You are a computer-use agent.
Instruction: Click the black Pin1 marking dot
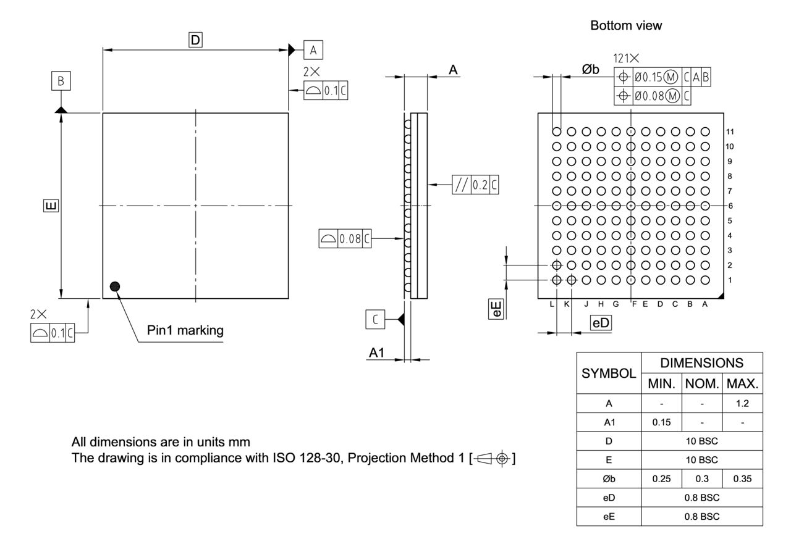[x=114, y=286]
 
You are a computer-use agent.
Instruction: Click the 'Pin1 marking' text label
[x=185, y=330]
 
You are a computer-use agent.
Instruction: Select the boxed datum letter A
[x=313, y=50]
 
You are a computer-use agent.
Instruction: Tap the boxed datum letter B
[x=61, y=81]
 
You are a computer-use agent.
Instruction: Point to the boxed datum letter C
[x=375, y=319]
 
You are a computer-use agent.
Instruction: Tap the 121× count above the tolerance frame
[x=626, y=59]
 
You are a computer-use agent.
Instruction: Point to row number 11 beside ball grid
[x=730, y=132]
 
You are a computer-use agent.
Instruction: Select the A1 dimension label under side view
[x=377, y=353]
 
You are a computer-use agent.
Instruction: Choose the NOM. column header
[x=702, y=383]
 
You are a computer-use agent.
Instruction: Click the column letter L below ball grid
[x=552, y=304]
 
